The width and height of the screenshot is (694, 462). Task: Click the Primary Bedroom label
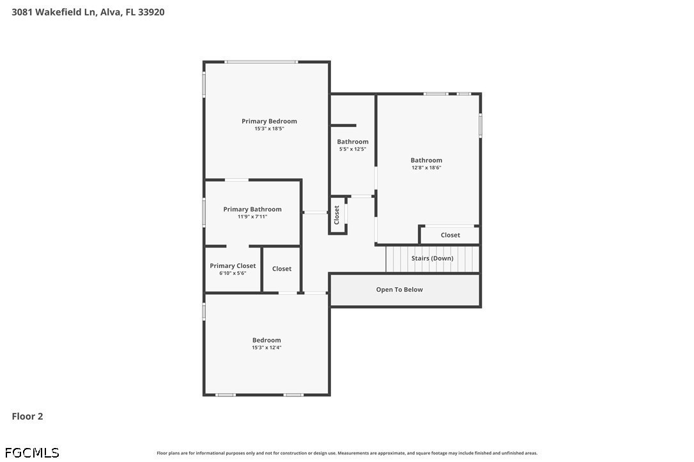[269, 121]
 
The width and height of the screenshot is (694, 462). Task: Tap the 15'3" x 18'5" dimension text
[269, 129]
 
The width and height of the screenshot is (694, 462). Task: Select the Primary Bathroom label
[252, 209]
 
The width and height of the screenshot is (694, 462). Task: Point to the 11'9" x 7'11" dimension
[252, 216]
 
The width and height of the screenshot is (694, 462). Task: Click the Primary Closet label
[233, 265]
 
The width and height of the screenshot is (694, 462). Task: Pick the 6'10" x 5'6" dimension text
[233, 273]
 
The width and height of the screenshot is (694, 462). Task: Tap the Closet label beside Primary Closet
[282, 269]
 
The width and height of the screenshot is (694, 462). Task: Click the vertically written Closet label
[336, 215]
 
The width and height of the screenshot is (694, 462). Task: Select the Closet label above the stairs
[451, 235]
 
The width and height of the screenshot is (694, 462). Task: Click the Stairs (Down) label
[433, 258]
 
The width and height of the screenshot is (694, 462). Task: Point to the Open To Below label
[399, 290]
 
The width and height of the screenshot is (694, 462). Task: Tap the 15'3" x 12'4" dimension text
[266, 348]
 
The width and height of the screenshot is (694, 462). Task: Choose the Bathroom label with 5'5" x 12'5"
[353, 142]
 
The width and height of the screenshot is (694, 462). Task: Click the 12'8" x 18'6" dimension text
[426, 168]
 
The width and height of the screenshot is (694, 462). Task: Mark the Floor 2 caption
[27, 416]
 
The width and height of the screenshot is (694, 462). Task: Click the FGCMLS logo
[32, 452]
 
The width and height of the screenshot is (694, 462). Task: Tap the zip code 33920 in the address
[151, 12]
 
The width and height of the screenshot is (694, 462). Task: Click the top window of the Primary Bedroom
[261, 62]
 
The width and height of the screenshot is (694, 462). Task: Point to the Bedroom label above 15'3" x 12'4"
[266, 340]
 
